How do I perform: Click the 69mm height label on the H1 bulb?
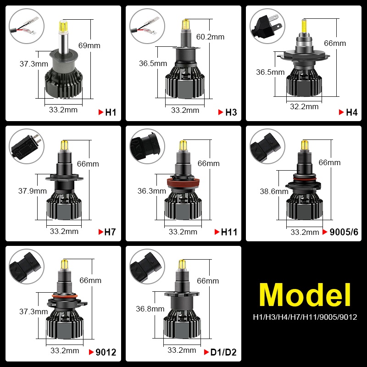click(x=89, y=45)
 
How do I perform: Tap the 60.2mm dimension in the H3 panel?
click(x=210, y=37)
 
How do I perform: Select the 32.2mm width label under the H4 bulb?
click(x=304, y=106)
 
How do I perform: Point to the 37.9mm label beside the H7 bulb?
click(x=33, y=191)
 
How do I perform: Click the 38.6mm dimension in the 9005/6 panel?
click(x=274, y=191)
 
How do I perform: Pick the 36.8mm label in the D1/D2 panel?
click(x=150, y=309)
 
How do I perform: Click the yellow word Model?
click(x=305, y=295)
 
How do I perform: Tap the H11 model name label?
click(x=229, y=232)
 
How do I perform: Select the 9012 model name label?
click(x=106, y=352)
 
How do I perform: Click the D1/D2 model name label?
click(x=223, y=352)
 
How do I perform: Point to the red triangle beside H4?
click(x=341, y=112)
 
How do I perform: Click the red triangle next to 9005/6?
click(x=325, y=232)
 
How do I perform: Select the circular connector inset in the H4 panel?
click(x=267, y=26)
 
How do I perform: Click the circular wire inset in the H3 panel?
click(x=147, y=26)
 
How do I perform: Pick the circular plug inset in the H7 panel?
click(x=27, y=146)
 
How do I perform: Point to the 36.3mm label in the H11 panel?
click(x=152, y=191)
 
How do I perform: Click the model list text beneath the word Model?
click(x=305, y=317)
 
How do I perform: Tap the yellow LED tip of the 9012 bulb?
click(x=64, y=265)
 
